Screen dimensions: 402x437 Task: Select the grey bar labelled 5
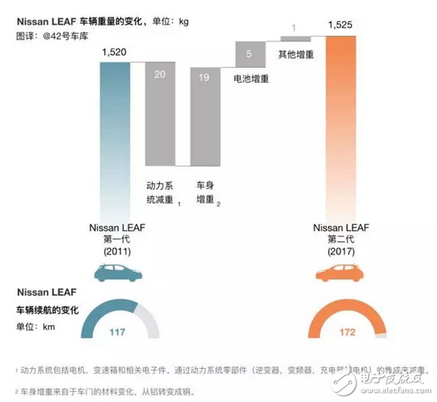coord(249,53)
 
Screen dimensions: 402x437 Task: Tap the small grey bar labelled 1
coord(293,37)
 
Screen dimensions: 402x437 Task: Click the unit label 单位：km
coord(37,326)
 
